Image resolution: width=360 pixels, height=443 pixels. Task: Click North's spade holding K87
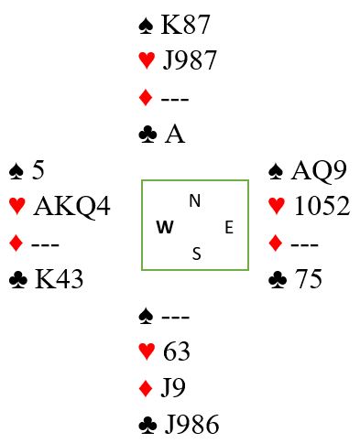coord(185,25)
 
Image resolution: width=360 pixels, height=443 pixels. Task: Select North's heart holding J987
coord(190,60)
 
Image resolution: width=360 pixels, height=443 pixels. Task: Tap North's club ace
coord(175,135)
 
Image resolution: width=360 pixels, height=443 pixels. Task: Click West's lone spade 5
coord(38,170)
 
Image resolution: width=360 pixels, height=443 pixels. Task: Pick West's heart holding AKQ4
coord(72,206)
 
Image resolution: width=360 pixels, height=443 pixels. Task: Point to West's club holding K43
coord(59,279)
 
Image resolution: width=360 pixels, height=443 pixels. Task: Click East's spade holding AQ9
coord(319,171)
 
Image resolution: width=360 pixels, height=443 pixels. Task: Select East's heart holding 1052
coord(322,206)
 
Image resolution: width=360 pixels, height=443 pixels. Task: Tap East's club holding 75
coord(308,279)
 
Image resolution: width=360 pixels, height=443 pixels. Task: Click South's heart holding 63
coord(177,351)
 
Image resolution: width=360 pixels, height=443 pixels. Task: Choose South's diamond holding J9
coord(173,388)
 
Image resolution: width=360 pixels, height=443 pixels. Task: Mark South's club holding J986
coord(192,424)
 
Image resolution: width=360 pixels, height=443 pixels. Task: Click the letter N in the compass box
coord(195,200)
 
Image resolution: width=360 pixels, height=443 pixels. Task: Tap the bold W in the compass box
coord(165,227)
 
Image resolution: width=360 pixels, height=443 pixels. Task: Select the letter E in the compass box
coord(229,228)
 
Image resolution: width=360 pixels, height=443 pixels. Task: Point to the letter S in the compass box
coord(197,254)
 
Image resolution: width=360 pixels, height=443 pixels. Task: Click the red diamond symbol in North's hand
coord(146,98)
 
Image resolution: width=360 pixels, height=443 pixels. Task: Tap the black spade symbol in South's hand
coord(146,316)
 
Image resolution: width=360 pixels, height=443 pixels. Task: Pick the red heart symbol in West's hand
coord(17,206)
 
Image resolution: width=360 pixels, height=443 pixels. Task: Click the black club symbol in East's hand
coord(278,279)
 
